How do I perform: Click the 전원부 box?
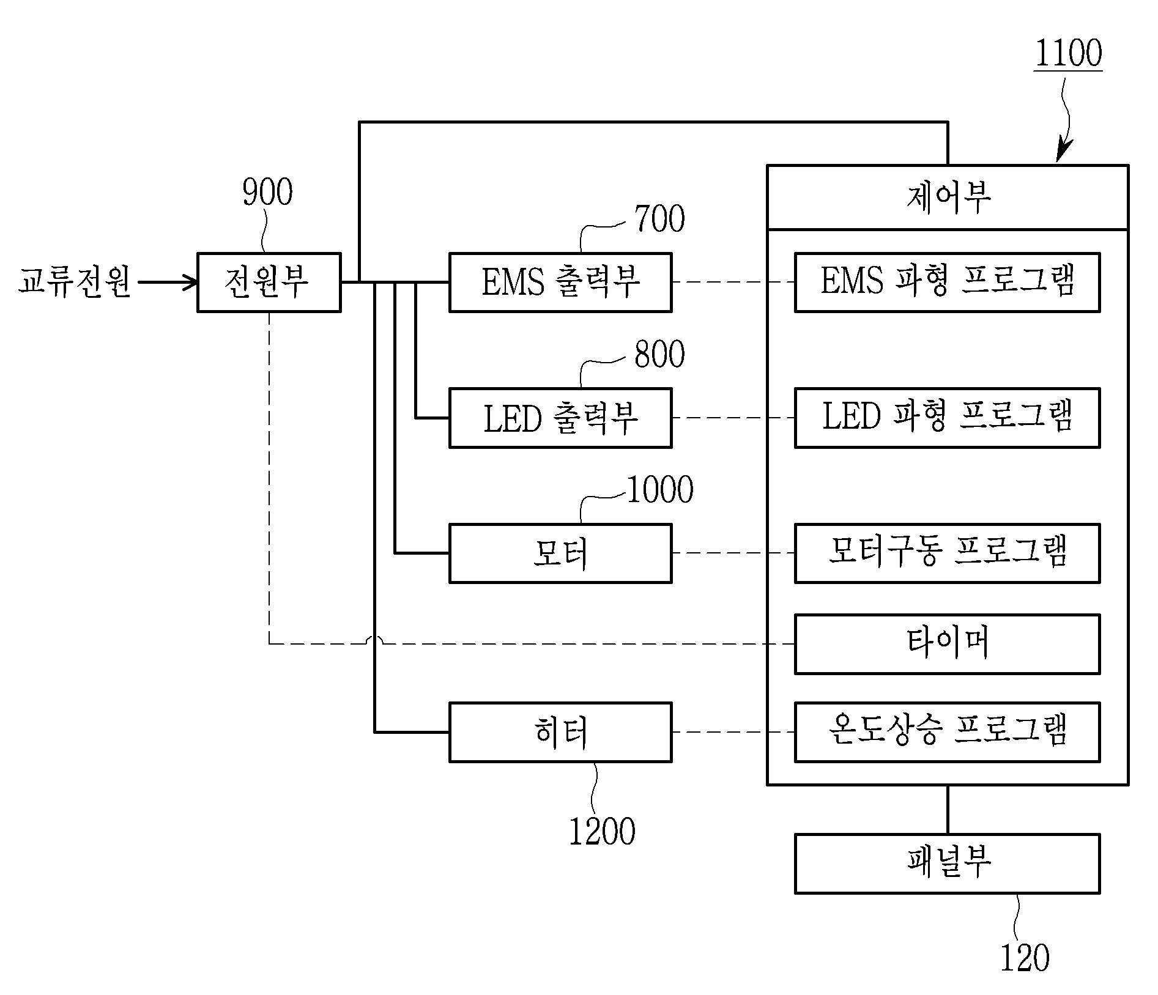point(269,283)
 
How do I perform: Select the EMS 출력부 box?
point(560,283)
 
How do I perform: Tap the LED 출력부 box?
point(560,418)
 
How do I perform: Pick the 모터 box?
point(560,553)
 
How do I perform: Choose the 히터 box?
point(560,732)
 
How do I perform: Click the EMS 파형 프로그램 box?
point(947,283)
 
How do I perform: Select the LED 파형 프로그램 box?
point(947,418)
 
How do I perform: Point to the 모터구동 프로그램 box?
point(947,553)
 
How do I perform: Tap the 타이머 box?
point(947,644)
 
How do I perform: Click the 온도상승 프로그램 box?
point(947,732)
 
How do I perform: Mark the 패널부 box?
point(947,864)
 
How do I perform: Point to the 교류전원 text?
point(75,282)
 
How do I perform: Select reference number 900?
point(267,193)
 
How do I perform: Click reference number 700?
point(659,219)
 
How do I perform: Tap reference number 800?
point(659,355)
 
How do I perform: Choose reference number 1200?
point(602,832)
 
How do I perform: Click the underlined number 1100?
point(1068,53)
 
